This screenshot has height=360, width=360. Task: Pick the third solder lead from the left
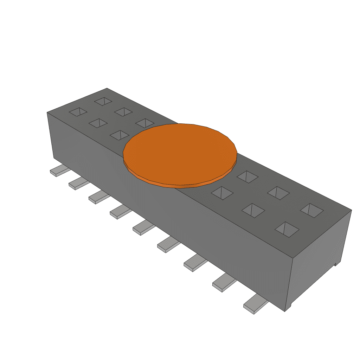pos(98,198)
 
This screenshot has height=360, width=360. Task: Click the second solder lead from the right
pos(224,283)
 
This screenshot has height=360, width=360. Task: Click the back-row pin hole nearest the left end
pos(103,101)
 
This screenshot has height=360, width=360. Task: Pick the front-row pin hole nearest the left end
pos(78,112)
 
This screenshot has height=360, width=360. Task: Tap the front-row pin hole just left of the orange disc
pos(120,135)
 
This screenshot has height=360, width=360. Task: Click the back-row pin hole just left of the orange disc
pos(144,123)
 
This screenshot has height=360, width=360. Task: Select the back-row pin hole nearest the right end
pos(311,210)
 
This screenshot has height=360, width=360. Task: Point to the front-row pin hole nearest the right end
pos(287,229)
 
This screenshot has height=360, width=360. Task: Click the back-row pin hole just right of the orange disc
pos(247,176)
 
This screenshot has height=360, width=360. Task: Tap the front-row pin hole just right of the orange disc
pos(223,193)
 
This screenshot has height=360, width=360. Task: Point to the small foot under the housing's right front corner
pos(288,308)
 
